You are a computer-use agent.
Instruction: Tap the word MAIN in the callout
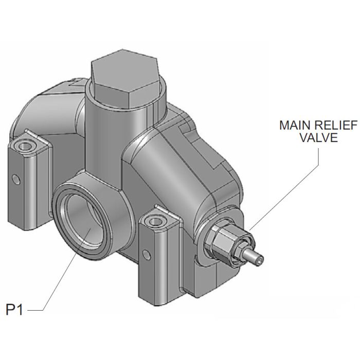[293, 125]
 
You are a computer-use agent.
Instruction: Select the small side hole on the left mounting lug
[17, 178]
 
